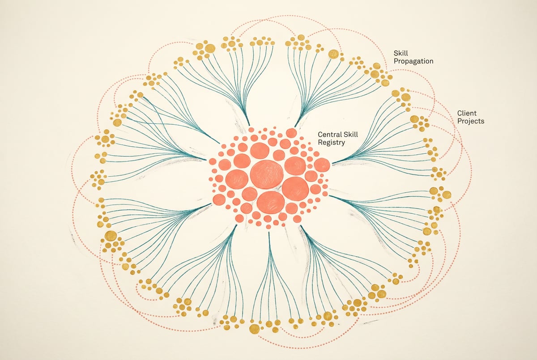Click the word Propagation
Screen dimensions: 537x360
(413, 61)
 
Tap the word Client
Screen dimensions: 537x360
(467, 113)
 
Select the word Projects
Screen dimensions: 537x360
(471, 121)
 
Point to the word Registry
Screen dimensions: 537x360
(331, 143)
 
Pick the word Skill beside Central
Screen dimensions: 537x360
(351, 134)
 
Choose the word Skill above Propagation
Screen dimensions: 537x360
(401, 53)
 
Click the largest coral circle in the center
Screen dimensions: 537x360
(267, 174)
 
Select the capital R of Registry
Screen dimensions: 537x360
(320, 142)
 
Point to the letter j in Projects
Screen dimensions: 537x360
(469, 122)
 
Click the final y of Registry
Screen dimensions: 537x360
(343, 144)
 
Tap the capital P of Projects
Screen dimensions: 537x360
(460, 121)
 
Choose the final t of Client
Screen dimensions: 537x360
(475, 113)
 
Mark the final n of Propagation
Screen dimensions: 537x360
(431, 62)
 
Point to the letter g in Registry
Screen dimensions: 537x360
(330, 144)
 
